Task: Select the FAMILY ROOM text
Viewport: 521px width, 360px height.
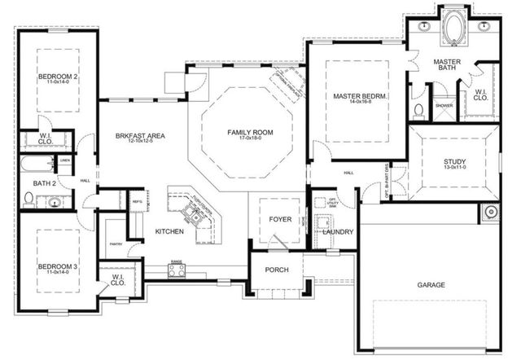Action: [250, 132]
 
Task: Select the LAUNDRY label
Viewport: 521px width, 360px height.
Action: [338, 232]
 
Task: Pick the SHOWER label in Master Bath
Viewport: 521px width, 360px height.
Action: [444, 106]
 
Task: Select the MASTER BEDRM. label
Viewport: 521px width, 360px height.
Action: [359, 97]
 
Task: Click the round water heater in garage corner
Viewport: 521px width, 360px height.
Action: [491, 213]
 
